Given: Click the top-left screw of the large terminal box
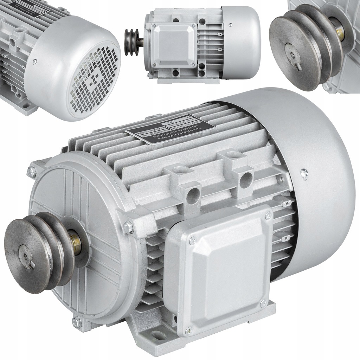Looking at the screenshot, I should pos(192,241).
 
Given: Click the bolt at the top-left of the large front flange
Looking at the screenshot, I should pos(32,172).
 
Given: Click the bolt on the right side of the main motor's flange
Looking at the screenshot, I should pos(129,227).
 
